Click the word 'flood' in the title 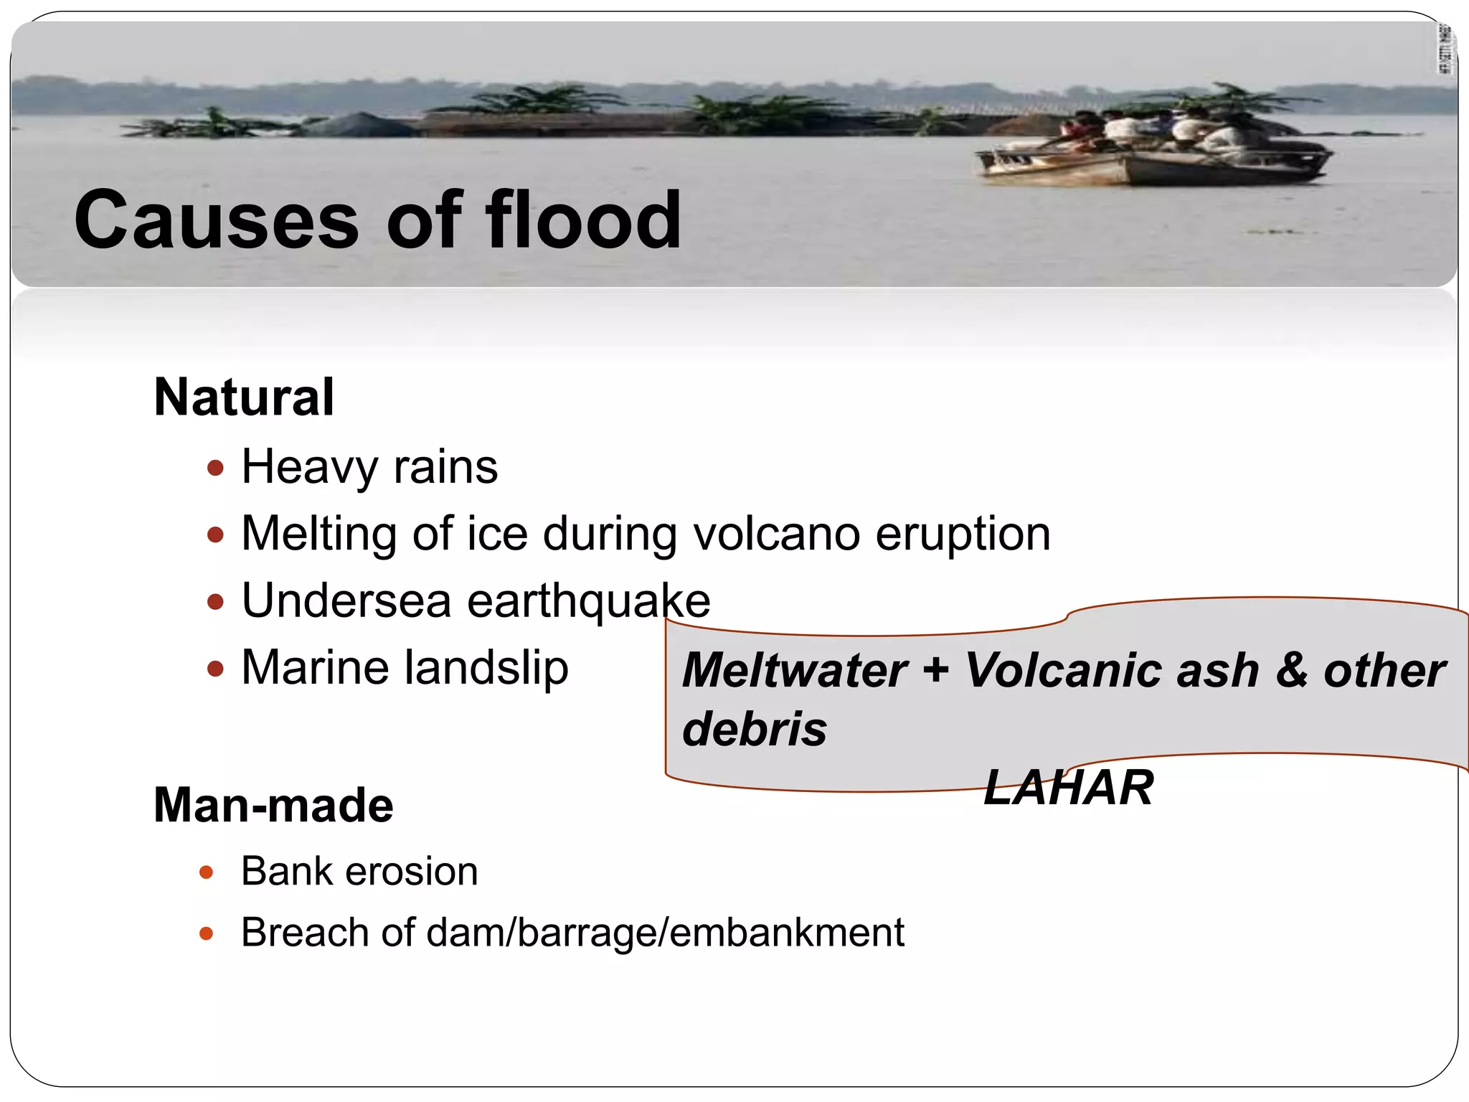(x=583, y=220)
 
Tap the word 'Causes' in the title (x=216, y=221)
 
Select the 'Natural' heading (x=244, y=397)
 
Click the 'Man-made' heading (x=273, y=805)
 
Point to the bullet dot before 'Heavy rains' (x=215, y=468)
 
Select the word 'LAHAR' (x=1068, y=788)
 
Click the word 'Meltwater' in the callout (x=795, y=670)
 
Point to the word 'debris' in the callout (x=755, y=729)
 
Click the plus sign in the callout (x=936, y=670)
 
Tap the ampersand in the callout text (x=1291, y=670)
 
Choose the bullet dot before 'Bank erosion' (x=207, y=872)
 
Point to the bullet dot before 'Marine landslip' (x=215, y=669)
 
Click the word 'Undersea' (x=346, y=601)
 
